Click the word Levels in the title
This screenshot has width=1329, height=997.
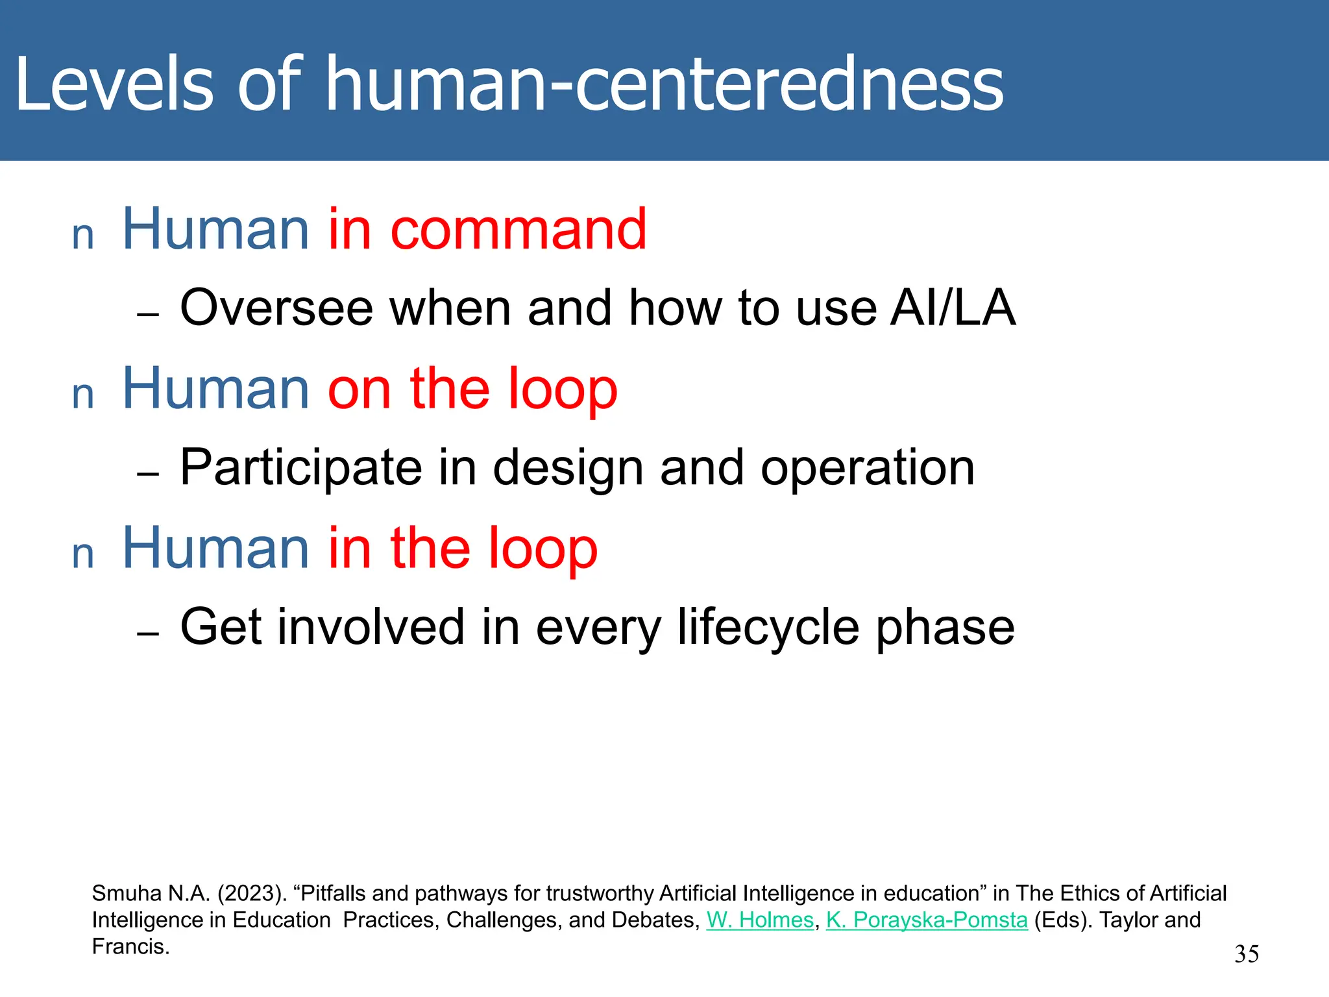(x=114, y=84)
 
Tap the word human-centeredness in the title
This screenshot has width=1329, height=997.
(x=664, y=84)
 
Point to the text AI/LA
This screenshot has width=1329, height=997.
(x=952, y=308)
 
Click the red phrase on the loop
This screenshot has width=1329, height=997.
(x=472, y=389)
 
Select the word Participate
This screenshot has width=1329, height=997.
(x=301, y=467)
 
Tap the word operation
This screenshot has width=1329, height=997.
(x=867, y=467)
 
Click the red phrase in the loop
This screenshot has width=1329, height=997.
(x=462, y=548)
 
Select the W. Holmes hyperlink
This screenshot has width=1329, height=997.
(x=759, y=920)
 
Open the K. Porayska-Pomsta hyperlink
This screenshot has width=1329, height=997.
(x=927, y=920)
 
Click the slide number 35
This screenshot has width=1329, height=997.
(x=1246, y=954)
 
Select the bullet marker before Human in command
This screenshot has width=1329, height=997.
(x=83, y=236)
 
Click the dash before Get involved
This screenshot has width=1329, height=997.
(x=148, y=634)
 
